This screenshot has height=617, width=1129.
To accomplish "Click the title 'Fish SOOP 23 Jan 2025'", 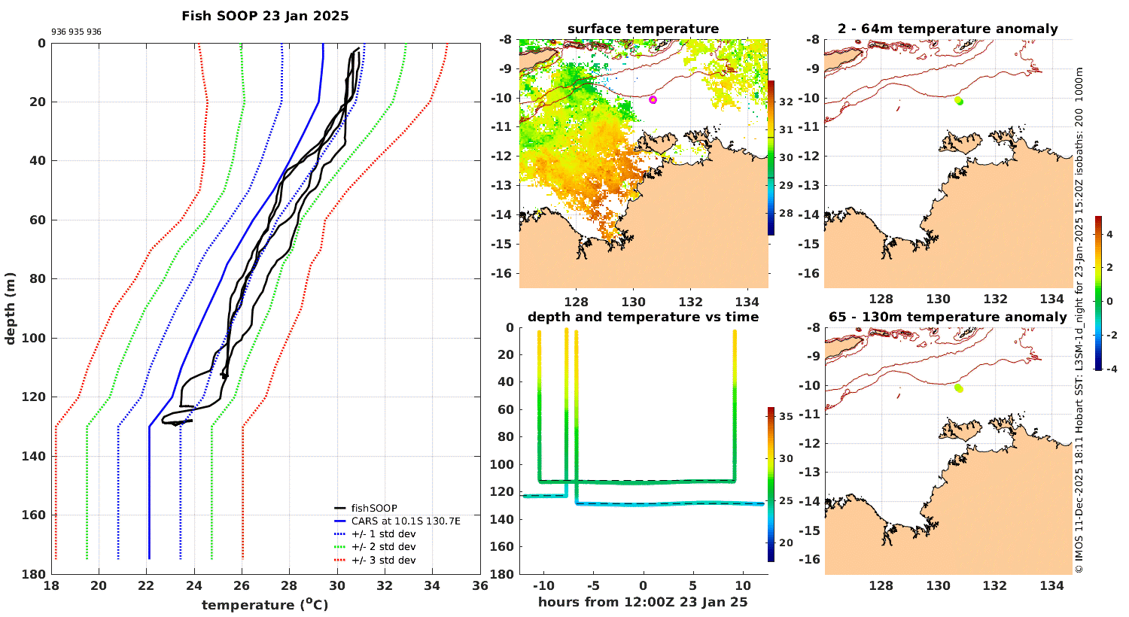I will (265, 16).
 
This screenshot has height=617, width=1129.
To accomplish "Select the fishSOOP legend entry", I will (374, 509).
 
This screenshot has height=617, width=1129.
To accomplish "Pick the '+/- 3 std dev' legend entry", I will (383, 560).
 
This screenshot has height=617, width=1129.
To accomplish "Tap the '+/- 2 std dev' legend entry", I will (383, 547).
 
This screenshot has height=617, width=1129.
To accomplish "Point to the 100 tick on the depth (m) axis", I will (35, 338).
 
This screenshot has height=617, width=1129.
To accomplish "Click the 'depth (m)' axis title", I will (11, 308).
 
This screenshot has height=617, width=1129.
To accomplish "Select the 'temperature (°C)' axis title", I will (265, 605).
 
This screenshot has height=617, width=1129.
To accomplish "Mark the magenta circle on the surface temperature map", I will (653, 99).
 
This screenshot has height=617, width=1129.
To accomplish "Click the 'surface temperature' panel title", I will (643, 29).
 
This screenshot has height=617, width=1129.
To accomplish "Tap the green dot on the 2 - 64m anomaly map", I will (959, 101).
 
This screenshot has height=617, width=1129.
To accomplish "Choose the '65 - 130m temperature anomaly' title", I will (948, 318).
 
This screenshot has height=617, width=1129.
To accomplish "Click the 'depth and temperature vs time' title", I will (643, 318).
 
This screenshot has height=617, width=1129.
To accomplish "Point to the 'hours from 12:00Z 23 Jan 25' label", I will (643, 602).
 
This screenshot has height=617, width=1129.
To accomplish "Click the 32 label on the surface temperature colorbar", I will (786, 102).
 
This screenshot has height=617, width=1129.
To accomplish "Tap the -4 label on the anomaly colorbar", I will (1109, 369).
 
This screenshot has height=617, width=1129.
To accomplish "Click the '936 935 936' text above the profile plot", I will (76, 32).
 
